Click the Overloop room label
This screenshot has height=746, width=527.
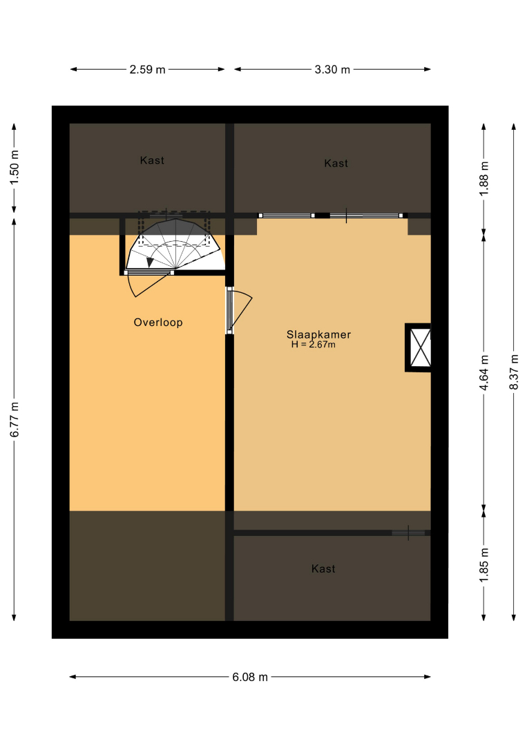click(x=158, y=323)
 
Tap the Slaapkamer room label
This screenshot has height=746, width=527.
click(x=318, y=334)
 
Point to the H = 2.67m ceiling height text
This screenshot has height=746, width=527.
click(x=314, y=345)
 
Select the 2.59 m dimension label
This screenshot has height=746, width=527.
click(x=147, y=70)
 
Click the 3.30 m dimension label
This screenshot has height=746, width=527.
click(x=332, y=70)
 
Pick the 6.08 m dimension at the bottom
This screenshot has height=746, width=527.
click(x=250, y=677)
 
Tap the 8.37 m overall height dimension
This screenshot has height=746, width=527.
click(x=514, y=372)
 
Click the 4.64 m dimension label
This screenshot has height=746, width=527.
click(x=483, y=373)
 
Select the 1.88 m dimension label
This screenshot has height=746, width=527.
click(x=483, y=179)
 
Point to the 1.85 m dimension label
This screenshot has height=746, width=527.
click(x=483, y=565)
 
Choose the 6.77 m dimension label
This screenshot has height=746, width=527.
click(x=15, y=420)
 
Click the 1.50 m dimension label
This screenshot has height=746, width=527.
click(x=15, y=167)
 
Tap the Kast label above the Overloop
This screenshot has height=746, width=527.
click(x=152, y=160)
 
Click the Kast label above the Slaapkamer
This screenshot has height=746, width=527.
click(x=336, y=163)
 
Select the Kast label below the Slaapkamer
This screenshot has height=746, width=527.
click(x=323, y=568)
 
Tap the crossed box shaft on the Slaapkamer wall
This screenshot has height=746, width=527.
click(x=419, y=347)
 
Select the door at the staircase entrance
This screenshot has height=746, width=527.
click(x=148, y=284)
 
